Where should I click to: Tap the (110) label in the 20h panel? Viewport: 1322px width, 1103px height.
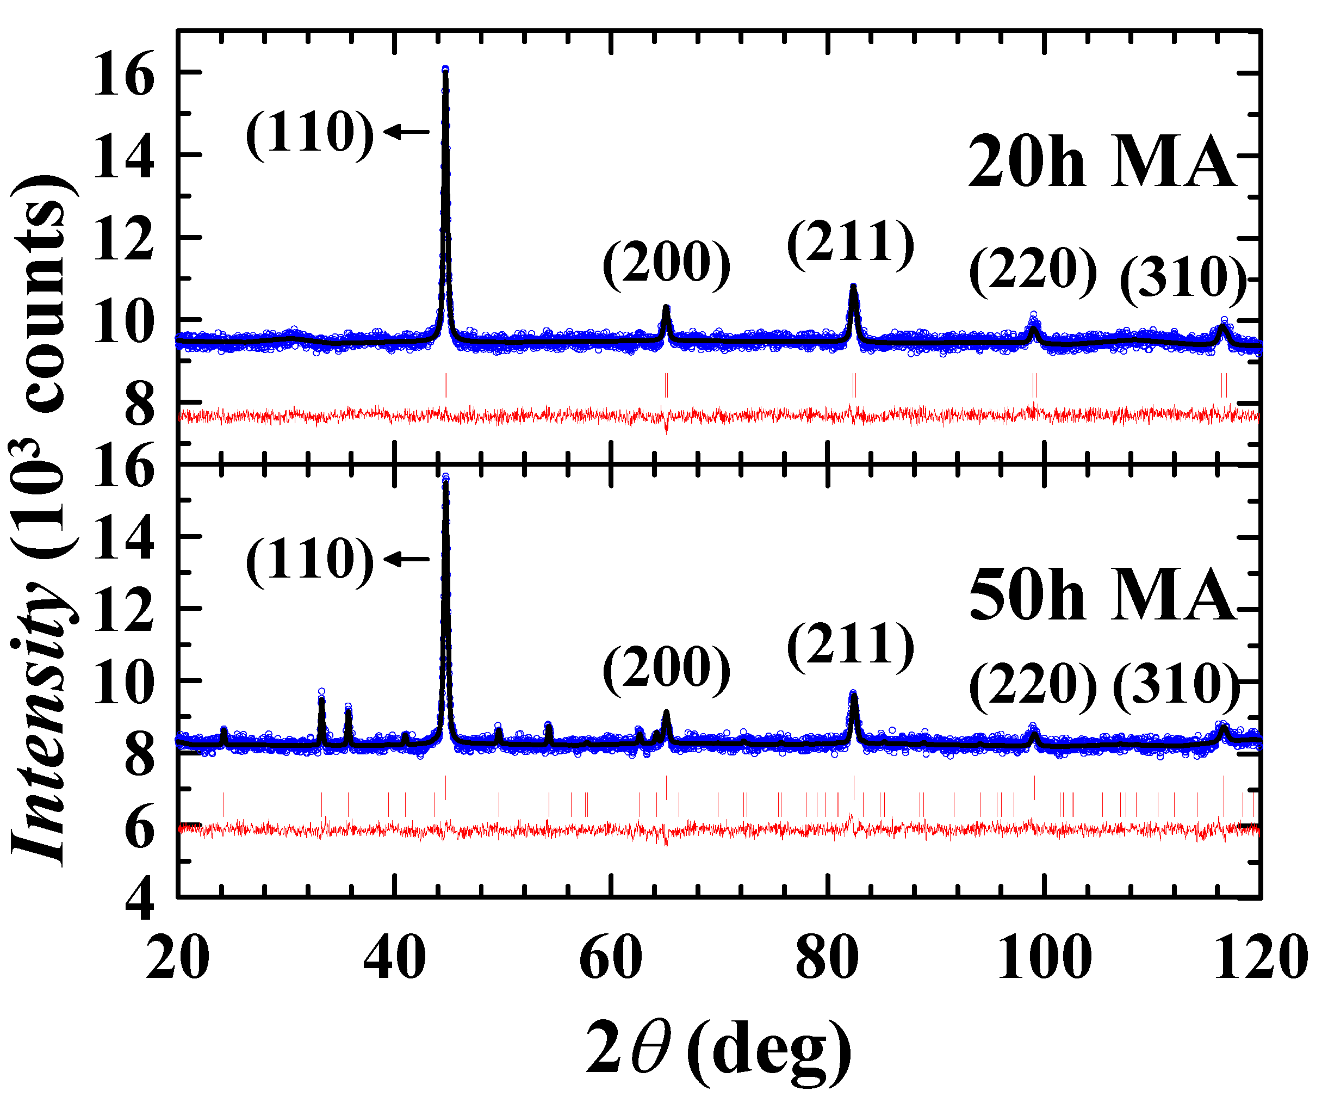[310, 133]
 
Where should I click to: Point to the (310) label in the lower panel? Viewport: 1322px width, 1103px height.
[1176, 684]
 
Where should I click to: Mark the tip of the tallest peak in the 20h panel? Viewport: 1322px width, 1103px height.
[445, 69]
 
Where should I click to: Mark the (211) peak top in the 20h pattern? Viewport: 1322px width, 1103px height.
[854, 287]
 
